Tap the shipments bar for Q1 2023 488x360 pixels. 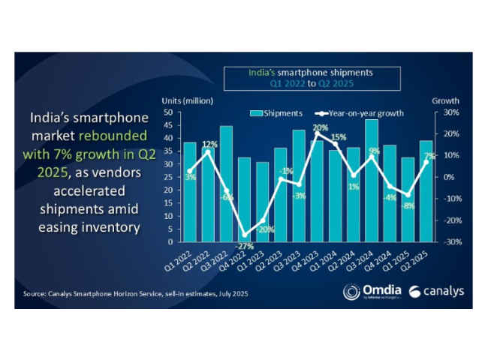tap(262, 202)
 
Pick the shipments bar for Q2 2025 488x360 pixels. tap(426, 191)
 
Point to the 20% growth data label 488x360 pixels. tap(321, 127)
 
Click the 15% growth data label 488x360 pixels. tap(339, 137)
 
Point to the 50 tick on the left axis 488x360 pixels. tap(170, 112)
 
